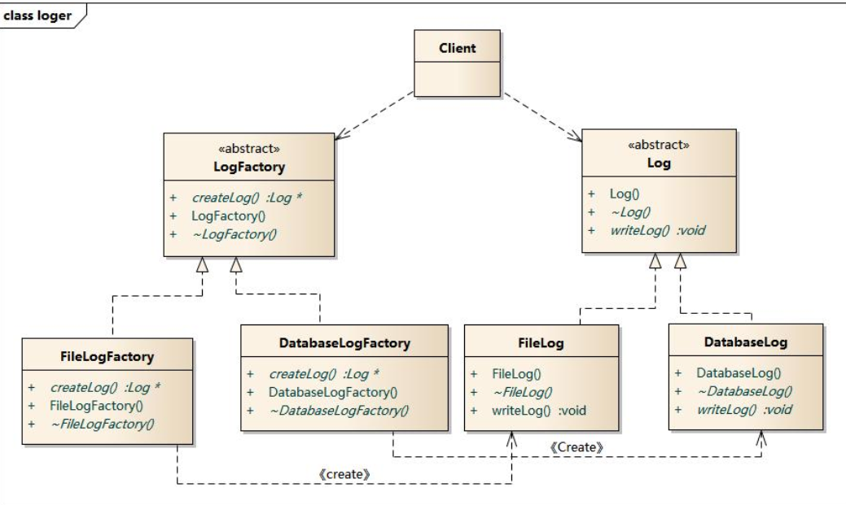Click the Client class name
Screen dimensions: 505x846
457,48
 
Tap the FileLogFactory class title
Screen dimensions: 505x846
107,355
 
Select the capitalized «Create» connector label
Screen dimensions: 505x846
575,447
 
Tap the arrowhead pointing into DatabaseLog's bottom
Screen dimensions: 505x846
761,438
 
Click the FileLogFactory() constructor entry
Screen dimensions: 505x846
97,404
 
